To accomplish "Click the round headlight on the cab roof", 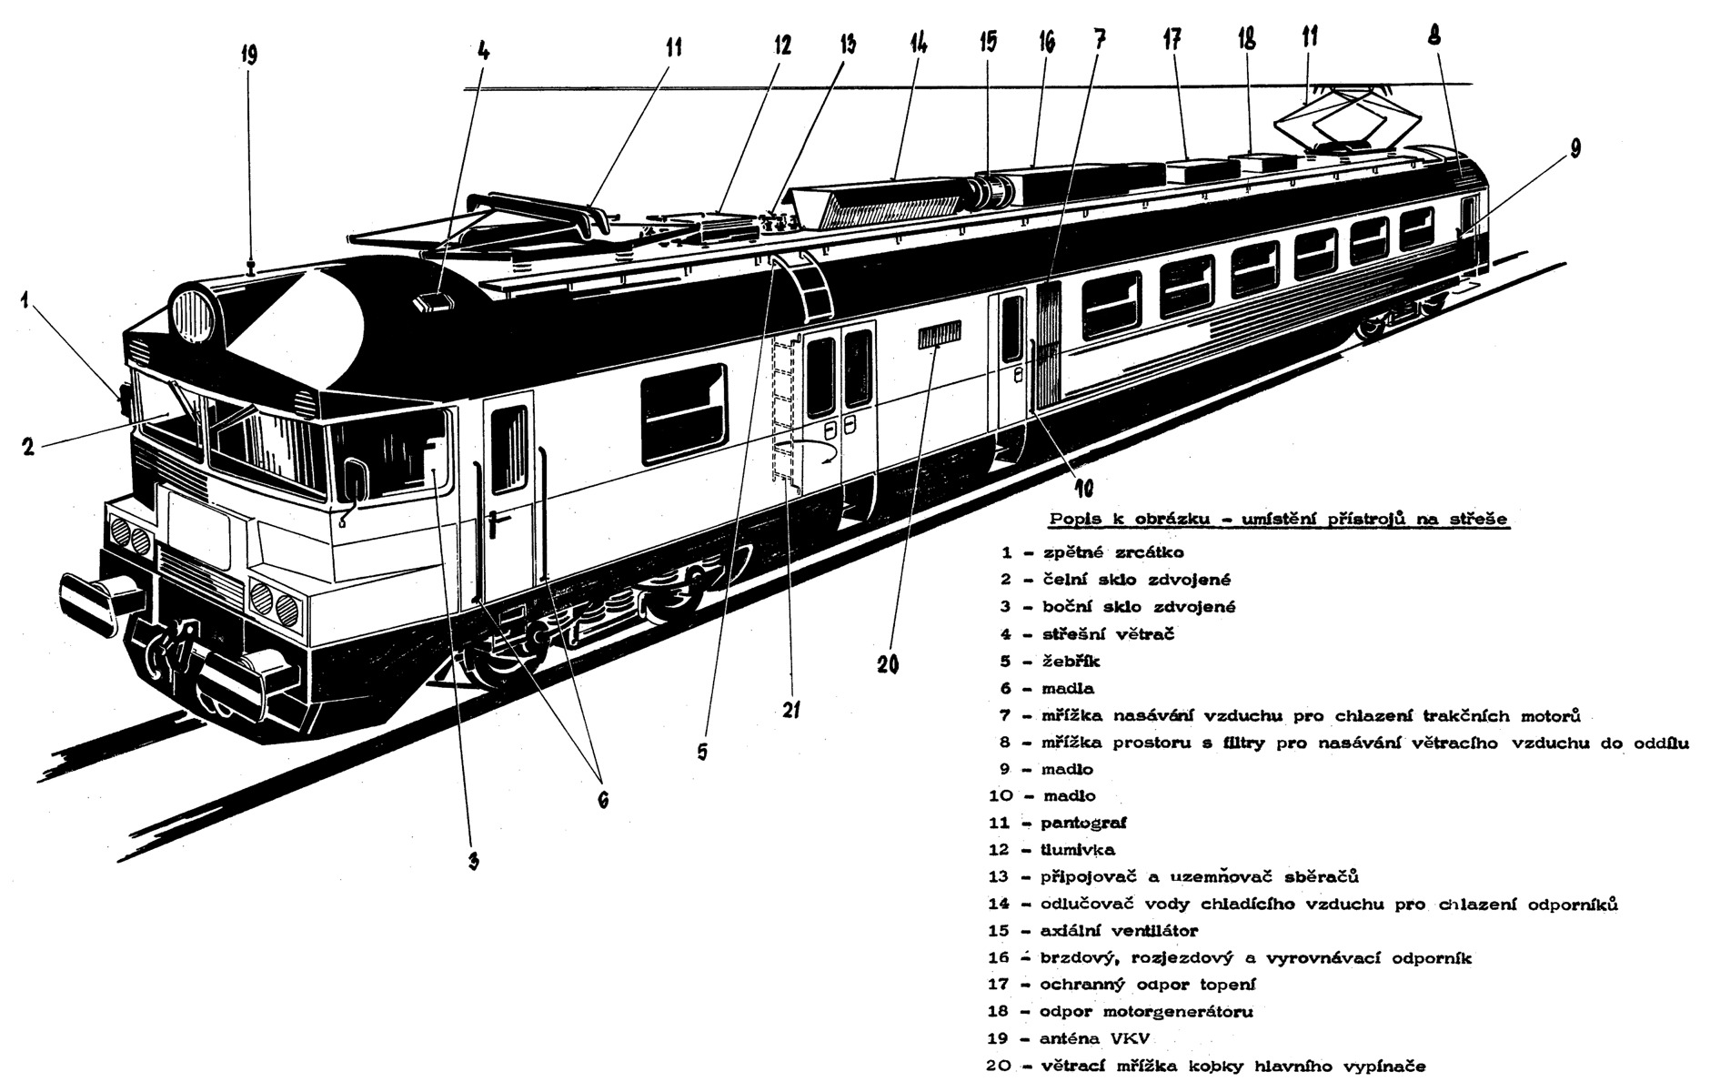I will click(195, 314).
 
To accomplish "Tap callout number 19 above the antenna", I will click(249, 56).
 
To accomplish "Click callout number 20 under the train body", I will click(889, 665).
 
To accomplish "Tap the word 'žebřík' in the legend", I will click(1071, 661).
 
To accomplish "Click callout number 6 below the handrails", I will click(602, 799).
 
